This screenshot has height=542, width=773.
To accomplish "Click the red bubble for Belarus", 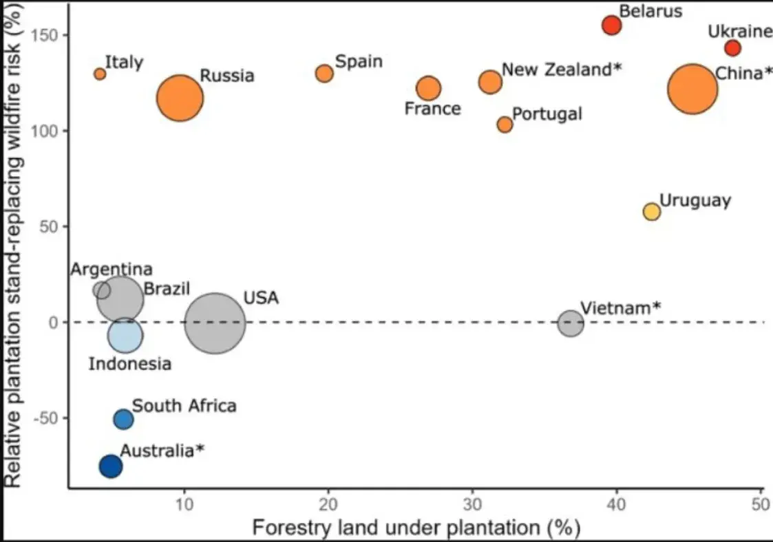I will coord(611,25).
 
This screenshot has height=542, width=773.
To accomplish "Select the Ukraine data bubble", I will coord(732,48).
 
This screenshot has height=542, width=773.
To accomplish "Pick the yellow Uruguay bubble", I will coord(651,212).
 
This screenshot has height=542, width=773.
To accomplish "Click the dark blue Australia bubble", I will coord(111,466).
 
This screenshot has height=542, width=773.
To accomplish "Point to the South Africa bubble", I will coord(123,419).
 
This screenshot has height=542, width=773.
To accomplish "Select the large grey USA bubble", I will coord(215,323).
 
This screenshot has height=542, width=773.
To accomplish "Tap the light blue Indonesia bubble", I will coord(125,336).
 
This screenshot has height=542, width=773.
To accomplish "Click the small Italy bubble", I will coord(100,74).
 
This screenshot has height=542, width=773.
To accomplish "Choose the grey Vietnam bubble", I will coord(571,323).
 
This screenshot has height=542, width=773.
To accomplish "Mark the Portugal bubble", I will coord(505,124).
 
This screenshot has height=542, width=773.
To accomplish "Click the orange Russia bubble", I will coord(180,98).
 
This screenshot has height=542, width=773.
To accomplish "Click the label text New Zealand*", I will coord(562,69).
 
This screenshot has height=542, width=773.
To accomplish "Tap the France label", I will coord(432,109).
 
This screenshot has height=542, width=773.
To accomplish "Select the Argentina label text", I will coord(112,270).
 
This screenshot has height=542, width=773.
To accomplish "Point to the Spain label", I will coord(359,62).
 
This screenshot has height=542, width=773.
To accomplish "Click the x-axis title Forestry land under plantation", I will coord(416,528).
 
